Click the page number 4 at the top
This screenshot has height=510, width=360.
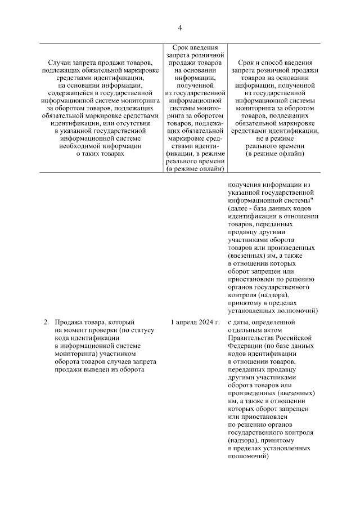[x=180, y=28]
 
